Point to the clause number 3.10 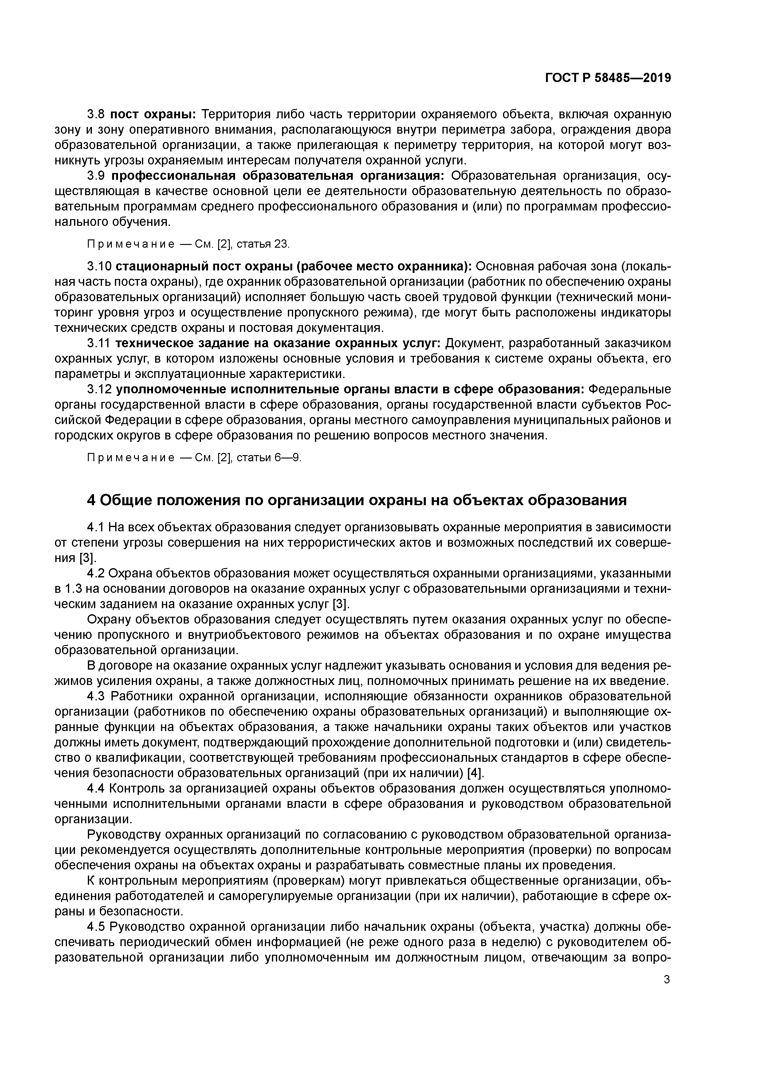tap(100, 267)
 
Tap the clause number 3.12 tap(100, 389)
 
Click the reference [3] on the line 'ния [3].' tap(88, 558)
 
